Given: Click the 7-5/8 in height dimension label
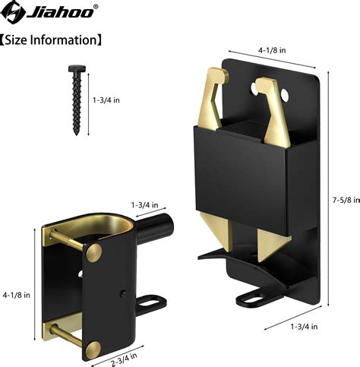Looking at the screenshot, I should pos(343,201).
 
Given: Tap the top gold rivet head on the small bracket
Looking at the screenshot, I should pos(94,252).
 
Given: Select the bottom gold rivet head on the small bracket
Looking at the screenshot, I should pos(93,349).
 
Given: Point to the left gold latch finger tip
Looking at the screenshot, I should pos(216,74).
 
